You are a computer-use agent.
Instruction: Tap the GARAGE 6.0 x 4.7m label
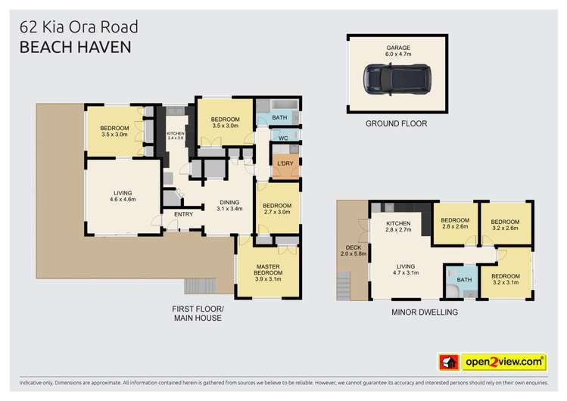396,50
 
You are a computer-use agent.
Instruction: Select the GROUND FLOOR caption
396,123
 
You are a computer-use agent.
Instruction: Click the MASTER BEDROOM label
269,273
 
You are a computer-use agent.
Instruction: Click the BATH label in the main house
279,118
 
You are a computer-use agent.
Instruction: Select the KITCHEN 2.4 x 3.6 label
176,136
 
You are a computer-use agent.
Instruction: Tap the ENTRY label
183,214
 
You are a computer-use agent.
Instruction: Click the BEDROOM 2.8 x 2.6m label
454,223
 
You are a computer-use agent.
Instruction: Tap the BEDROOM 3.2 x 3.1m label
505,279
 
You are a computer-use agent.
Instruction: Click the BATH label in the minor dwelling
465,280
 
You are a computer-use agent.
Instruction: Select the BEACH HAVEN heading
76,47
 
